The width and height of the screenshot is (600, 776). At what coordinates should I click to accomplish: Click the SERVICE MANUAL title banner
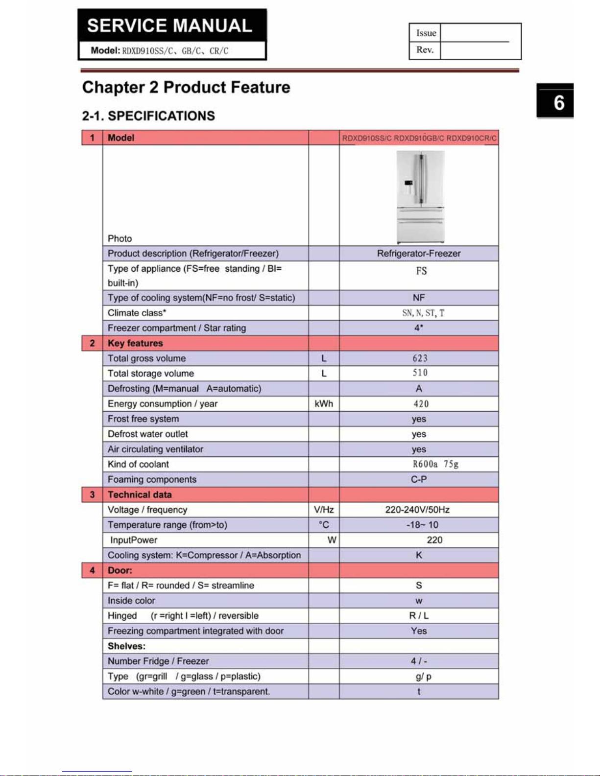click(x=170, y=25)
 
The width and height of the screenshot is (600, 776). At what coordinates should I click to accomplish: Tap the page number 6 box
click(x=555, y=101)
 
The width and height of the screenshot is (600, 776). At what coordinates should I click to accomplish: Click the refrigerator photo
click(x=420, y=196)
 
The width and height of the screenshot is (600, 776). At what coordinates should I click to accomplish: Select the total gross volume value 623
click(x=420, y=358)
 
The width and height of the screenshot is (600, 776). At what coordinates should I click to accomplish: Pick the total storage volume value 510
click(x=420, y=373)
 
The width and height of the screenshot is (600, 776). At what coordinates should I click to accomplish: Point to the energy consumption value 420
click(x=421, y=404)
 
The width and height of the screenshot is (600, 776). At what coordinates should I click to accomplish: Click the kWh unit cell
click(x=323, y=404)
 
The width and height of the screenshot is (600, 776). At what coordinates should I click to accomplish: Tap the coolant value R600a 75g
click(x=435, y=464)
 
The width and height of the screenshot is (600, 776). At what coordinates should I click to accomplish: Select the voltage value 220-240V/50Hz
click(x=417, y=510)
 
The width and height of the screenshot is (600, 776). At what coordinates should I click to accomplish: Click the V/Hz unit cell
click(x=324, y=510)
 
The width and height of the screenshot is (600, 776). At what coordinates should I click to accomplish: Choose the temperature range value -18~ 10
click(x=422, y=525)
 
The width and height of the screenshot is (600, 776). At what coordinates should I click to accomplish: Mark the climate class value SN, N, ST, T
click(x=423, y=313)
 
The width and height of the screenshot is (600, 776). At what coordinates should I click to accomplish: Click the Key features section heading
click(x=135, y=343)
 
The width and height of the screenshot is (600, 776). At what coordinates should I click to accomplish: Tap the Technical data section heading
click(x=140, y=494)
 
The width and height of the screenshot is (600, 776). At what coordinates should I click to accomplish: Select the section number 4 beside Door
click(x=92, y=570)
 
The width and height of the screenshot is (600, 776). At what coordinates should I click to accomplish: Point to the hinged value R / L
click(x=419, y=616)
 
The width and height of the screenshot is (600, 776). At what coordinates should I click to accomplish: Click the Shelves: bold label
click(x=126, y=646)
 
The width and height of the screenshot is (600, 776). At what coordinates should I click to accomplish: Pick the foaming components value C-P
click(x=419, y=479)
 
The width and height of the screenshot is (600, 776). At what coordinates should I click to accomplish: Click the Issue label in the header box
click(x=426, y=33)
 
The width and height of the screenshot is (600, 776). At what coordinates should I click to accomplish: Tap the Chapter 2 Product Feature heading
click(x=186, y=88)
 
